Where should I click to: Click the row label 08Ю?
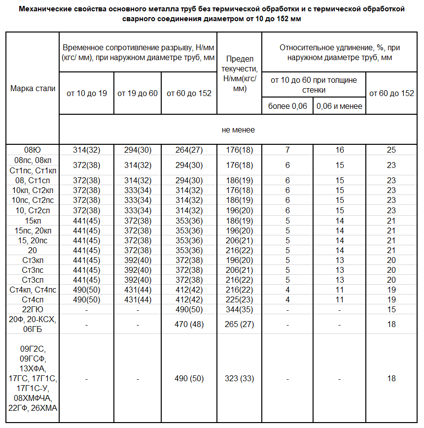pos(33,150)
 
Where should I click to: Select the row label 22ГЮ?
pos(33,309)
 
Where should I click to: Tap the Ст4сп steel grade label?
pos(33,299)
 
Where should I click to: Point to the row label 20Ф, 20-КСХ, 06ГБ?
pos(33,325)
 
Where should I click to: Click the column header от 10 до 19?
pos(87,94)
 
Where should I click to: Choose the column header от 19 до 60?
pos(138,94)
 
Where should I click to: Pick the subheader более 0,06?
pos(287,106)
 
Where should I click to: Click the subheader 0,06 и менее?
pos(339,106)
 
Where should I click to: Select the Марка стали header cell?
pos(33,89)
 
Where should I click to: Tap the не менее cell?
pos(238,130)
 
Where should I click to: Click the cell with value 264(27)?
pos(189,150)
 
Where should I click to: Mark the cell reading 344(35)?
pos(239,309)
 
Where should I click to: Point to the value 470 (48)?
pos(189,325)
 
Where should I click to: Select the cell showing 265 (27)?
pos(239,325)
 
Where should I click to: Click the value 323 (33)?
pos(239,379)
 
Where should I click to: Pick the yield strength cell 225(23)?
pos(239,299)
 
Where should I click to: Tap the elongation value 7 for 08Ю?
pos(287,150)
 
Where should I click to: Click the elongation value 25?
pos(391,150)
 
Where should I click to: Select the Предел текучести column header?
pos(239,73)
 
